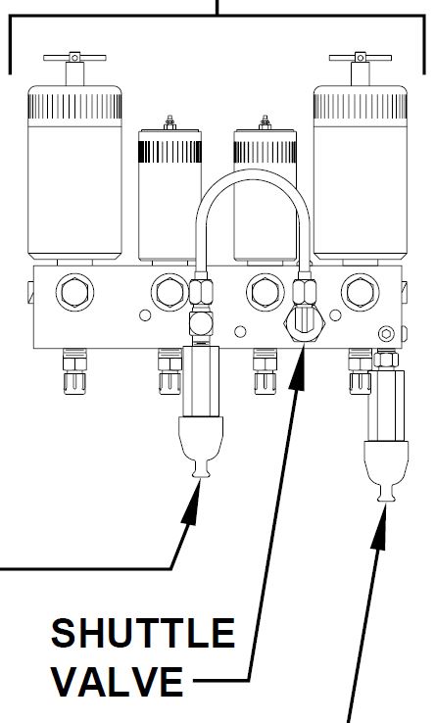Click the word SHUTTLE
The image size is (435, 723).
point(143,633)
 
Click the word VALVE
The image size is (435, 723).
point(118,681)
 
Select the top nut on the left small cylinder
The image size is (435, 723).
point(169,123)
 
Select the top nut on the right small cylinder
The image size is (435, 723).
point(265,123)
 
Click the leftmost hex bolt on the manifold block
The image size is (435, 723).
point(74,292)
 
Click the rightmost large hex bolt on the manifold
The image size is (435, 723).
point(361,292)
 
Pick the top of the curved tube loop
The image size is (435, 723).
point(253,172)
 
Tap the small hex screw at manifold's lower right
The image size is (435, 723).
point(386,333)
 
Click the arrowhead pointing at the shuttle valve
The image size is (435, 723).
point(298,366)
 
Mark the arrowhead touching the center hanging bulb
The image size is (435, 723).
point(193,502)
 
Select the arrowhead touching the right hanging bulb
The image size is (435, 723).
point(380,526)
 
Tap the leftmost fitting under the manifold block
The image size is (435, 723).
point(74,371)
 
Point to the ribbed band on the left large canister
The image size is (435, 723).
point(74,107)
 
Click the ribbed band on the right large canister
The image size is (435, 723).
point(361,107)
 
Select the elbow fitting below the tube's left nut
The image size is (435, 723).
point(201,323)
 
